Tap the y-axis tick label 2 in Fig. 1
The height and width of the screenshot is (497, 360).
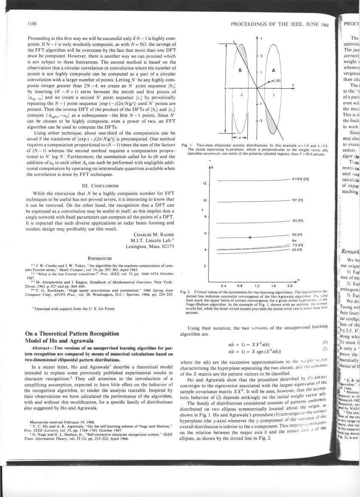click(262, 56)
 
